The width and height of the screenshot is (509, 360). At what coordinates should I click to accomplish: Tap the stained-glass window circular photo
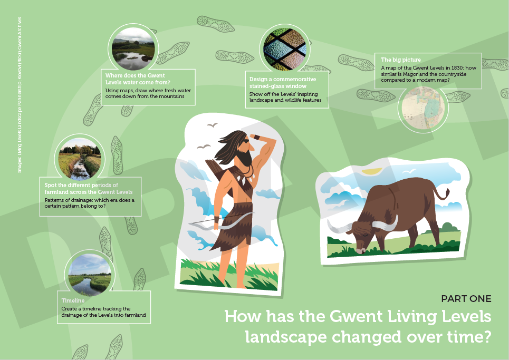click(x=285, y=48)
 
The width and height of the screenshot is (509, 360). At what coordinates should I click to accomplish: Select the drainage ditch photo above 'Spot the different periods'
click(x=79, y=158)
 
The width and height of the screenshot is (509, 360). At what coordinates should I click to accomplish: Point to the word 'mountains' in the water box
click(x=167, y=96)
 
